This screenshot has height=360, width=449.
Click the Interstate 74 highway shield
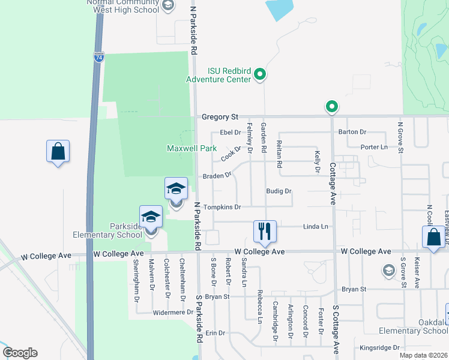pyautogui.click(x=99, y=57)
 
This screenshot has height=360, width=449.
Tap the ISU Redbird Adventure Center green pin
pyautogui.click(x=260, y=74)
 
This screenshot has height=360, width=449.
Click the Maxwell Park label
pyautogui.click(x=191, y=148)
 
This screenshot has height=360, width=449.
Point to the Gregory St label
pyautogui.click(x=220, y=116)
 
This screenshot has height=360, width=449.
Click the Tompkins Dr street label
pyautogui.click(x=222, y=207)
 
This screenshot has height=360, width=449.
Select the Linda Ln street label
pyautogui.click(x=316, y=226)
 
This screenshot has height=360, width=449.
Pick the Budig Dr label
pyautogui.click(x=279, y=191)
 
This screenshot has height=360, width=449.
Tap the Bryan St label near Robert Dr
pyautogui.click(x=217, y=296)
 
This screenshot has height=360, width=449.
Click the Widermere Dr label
pyautogui.click(x=173, y=312)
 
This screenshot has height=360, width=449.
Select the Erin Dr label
pyautogui.click(x=215, y=332)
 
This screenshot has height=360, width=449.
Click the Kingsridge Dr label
pyautogui.click(x=379, y=347)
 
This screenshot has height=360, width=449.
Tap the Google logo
pyautogui.click(x=20, y=353)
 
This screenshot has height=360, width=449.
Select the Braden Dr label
pyautogui.click(x=217, y=176)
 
